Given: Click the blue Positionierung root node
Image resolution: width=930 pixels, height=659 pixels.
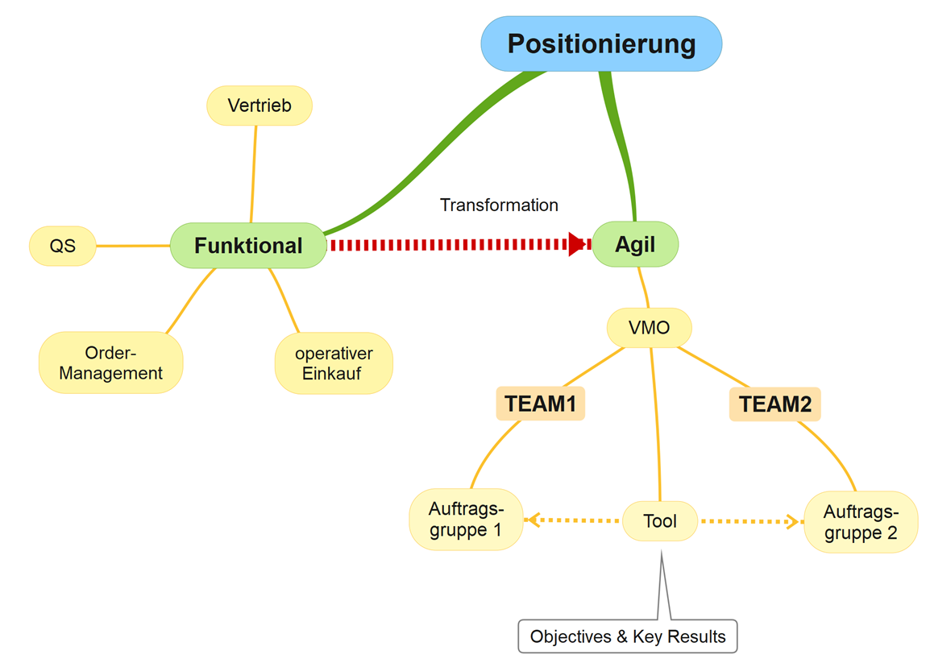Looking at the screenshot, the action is click(x=601, y=44).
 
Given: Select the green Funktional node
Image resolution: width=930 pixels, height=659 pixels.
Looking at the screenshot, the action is click(x=248, y=246).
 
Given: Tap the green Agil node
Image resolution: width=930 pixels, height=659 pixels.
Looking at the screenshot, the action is click(x=635, y=244).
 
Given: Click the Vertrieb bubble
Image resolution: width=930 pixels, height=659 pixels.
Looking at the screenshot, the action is click(x=259, y=106).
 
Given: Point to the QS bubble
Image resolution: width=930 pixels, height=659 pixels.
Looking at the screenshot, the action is click(x=63, y=246).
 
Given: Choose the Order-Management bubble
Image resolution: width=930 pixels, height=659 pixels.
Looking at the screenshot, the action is click(x=111, y=363).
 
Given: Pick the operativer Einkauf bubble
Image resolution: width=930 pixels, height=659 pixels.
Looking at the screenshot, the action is click(x=334, y=363).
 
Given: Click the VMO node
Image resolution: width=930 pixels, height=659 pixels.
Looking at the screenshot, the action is click(x=650, y=327).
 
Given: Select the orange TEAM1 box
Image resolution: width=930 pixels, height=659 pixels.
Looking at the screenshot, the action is click(x=540, y=404).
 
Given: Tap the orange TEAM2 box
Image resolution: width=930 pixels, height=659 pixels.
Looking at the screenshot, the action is click(x=775, y=404).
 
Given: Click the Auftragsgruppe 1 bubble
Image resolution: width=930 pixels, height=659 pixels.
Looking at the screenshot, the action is click(x=466, y=519).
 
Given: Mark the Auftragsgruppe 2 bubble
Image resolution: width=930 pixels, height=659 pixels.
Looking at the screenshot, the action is click(x=861, y=522).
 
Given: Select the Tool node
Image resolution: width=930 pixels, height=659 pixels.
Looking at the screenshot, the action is click(x=660, y=520).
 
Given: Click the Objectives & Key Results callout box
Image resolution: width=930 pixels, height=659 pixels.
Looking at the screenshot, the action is click(x=628, y=636).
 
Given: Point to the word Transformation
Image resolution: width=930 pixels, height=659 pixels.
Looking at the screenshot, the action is click(x=499, y=205).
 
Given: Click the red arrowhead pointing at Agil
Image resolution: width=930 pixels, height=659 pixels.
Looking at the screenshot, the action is click(x=577, y=244).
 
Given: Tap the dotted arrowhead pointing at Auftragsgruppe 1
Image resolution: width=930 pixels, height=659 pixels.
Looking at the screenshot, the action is click(x=533, y=520).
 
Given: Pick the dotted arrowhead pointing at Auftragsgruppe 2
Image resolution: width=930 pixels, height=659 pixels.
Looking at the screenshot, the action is click(x=792, y=521).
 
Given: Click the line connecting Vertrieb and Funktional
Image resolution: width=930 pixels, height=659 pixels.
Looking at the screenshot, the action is click(x=254, y=174).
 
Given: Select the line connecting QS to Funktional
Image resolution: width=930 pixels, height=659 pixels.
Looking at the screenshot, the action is click(x=134, y=246).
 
